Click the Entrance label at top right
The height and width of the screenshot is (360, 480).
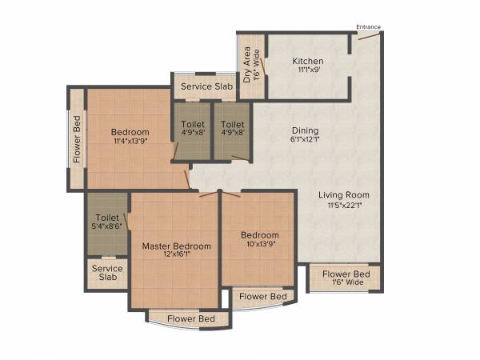[x=369, y=27]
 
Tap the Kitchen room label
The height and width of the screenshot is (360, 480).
[x=307, y=60]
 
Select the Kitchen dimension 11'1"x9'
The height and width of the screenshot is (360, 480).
[x=307, y=70]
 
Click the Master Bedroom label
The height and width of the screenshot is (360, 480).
[x=177, y=246]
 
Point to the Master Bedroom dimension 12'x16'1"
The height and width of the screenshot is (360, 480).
[x=177, y=256]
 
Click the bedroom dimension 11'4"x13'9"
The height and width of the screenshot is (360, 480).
[x=130, y=142]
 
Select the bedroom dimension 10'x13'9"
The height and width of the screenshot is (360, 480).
[x=260, y=245]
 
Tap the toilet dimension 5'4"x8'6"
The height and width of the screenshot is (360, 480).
[x=107, y=227]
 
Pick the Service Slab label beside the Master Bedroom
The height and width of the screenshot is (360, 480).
[x=107, y=273]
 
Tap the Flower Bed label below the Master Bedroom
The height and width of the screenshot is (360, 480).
[x=190, y=319]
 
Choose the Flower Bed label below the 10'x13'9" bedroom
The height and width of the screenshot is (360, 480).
[x=263, y=297]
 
